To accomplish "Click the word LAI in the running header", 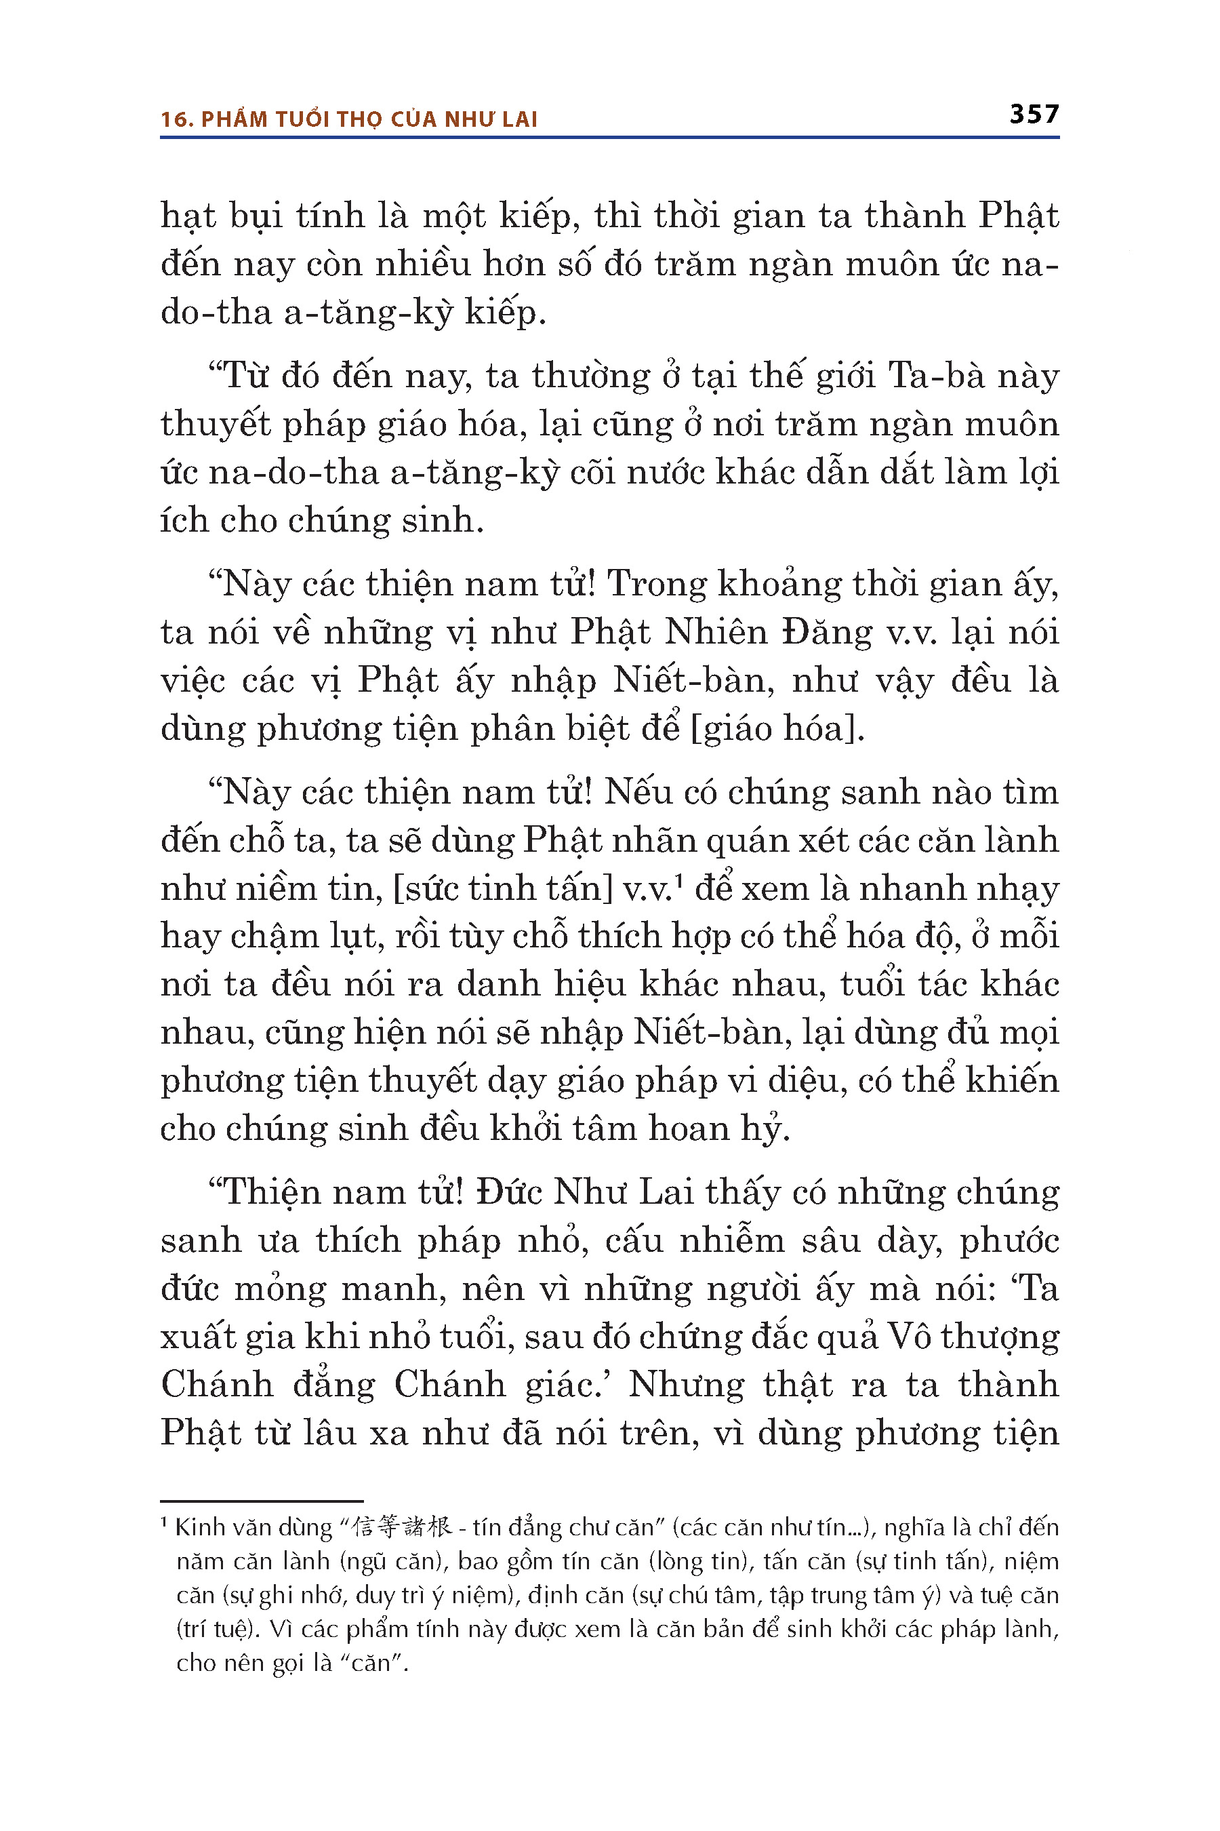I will coord(520,119).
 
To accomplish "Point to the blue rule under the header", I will coord(609,138).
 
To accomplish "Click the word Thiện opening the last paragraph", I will coord(268,1192).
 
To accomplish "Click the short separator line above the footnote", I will coord(262,1501).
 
